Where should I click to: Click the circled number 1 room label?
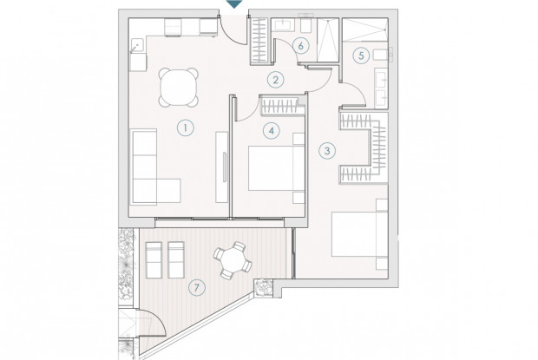pos(186,128)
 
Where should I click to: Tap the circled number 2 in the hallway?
pos(276,80)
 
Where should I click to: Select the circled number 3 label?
pos(327,151)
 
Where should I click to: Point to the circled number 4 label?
pos(272,131)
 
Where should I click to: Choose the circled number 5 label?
pos(361,56)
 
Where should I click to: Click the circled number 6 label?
pos(300,46)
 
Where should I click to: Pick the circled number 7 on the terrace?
pos(197,287)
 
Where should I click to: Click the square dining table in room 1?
pos(179,88)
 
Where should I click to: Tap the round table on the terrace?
pos(233,260)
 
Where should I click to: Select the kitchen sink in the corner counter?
pos(137,46)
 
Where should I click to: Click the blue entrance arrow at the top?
pos(234,3)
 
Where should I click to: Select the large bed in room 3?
pos(359,234)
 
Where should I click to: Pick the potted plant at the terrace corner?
pos(263,287)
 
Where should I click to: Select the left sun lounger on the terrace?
pos(154,260)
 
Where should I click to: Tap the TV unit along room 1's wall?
pos(222,167)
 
